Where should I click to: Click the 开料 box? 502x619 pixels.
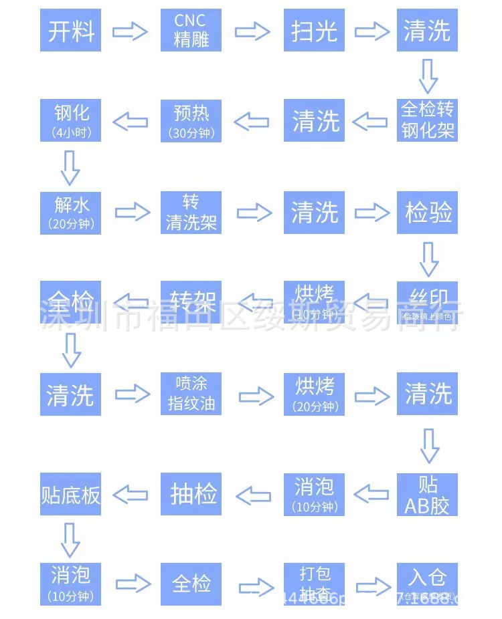coord(70,30)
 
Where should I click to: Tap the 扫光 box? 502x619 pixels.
coord(314,30)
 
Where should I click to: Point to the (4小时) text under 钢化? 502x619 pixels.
coord(70,132)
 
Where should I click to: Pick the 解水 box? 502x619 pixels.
coord(70,213)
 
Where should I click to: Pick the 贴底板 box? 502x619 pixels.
coord(70,494)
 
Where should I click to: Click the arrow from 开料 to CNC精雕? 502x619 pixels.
coord(130,31)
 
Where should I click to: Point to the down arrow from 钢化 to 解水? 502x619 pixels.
coord(70,167)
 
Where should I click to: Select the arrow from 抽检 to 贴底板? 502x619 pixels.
coord(131,495)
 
